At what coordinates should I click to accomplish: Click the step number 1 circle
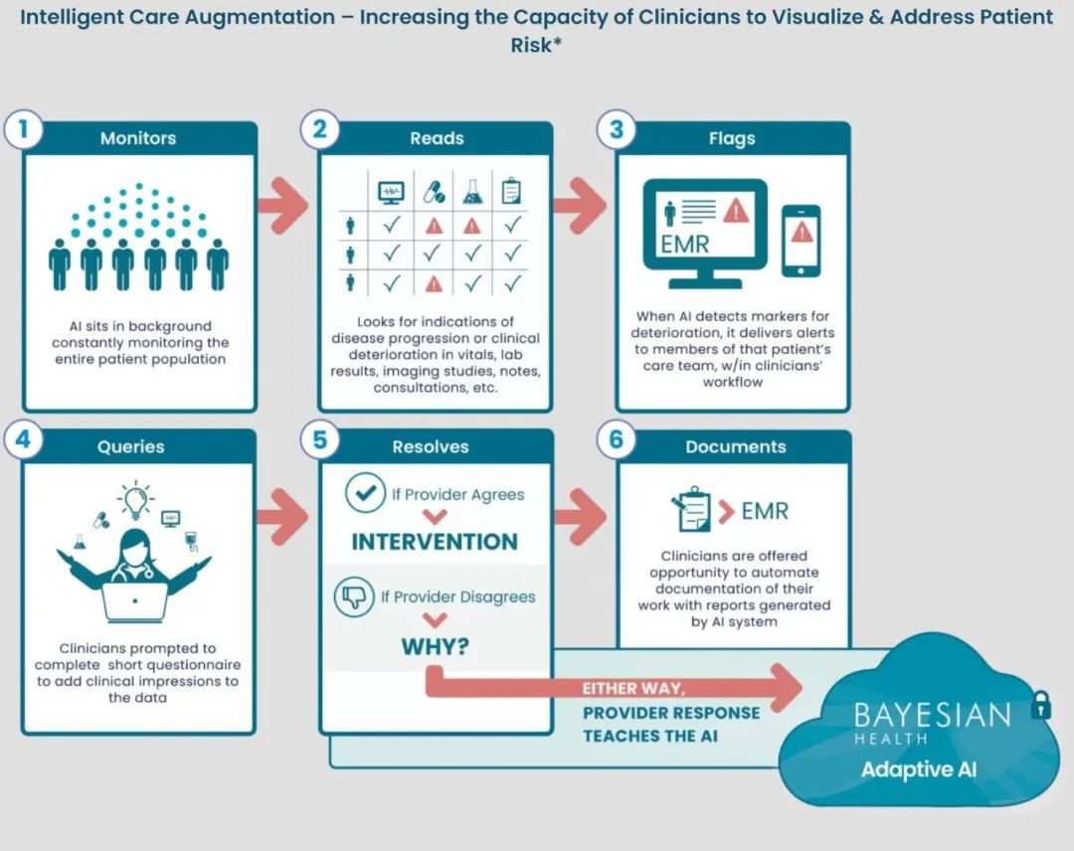(x=23, y=128)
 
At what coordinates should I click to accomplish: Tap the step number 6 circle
(x=616, y=438)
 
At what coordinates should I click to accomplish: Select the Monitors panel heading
(x=138, y=138)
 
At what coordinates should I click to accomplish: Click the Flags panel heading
(x=732, y=139)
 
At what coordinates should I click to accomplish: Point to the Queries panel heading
(x=131, y=447)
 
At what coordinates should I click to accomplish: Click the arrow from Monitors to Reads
(x=282, y=205)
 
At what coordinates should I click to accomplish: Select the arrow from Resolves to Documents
(x=580, y=517)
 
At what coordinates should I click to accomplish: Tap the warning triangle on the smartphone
(x=802, y=233)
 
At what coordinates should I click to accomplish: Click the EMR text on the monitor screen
(x=684, y=245)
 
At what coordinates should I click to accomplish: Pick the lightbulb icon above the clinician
(x=135, y=499)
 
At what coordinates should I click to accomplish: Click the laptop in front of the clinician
(x=134, y=601)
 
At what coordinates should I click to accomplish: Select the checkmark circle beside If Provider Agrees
(x=366, y=493)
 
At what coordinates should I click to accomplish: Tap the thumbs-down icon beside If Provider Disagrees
(x=354, y=596)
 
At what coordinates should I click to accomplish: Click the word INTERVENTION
(x=435, y=542)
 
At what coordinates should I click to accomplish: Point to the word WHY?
(x=436, y=646)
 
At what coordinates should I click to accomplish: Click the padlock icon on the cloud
(x=1041, y=705)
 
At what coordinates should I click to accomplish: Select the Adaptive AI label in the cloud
(x=919, y=769)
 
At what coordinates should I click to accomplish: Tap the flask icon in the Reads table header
(x=472, y=192)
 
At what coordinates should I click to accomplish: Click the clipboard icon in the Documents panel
(x=690, y=509)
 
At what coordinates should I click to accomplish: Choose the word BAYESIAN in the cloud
(x=932, y=716)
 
